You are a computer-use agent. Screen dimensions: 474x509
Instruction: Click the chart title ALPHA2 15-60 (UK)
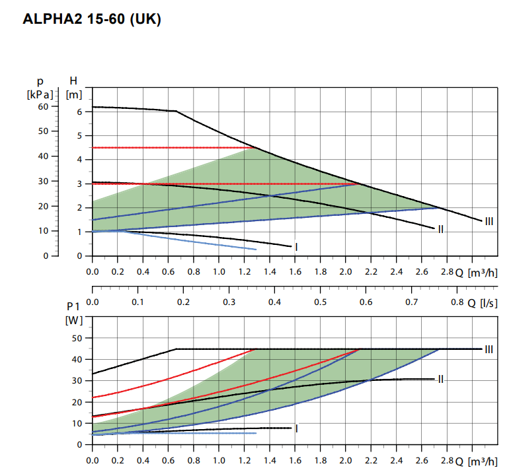(x=92, y=19)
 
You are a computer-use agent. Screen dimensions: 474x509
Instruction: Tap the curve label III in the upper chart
(x=489, y=221)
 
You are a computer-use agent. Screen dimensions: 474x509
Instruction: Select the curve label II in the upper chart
(x=440, y=229)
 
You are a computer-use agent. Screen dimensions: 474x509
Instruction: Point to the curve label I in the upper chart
(x=297, y=247)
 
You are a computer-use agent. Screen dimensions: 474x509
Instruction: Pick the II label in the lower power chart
(x=440, y=379)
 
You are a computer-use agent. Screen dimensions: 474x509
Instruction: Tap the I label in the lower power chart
(x=297, y=428)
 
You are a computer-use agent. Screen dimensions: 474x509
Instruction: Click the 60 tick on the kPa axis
(x=43, y=106)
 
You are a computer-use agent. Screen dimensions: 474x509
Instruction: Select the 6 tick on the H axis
(x=79, y=112)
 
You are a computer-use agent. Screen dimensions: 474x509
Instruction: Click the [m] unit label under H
(x=74, y=94)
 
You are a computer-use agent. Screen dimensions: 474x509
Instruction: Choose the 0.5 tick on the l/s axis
(x=321, y=302)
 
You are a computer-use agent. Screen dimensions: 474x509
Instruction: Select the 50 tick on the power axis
(x=76, y=338)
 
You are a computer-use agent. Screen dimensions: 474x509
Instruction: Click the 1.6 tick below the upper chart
(x=295, y=271)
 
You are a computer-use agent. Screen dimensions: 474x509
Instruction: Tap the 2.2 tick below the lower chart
(x=371, y=459)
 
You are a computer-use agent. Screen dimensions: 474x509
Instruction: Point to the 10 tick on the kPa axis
(x=43, y=230)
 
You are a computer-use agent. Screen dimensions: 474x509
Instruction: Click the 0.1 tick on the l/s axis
(x=138, y=302)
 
